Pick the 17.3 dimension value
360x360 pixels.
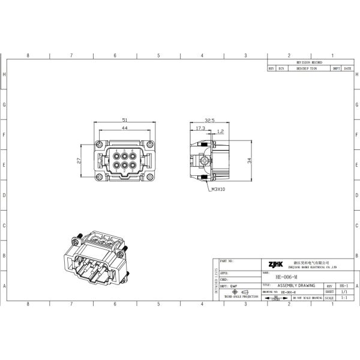(x=200, y=128)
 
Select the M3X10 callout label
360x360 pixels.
(x=218, y=189)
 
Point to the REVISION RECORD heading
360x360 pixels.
(x=310, y=62)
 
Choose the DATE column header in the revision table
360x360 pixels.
(x=347, y=68)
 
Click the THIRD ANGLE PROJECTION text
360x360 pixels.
(x=241, y=297)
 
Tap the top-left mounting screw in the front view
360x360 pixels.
(x=98, y=144)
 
